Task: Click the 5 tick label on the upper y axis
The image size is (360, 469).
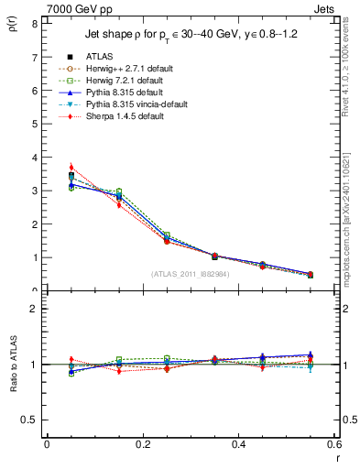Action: [x=37, y=125]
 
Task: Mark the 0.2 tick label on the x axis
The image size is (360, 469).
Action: [x=142, y=444]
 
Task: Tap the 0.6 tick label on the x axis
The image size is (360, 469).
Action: [x=334, y=444]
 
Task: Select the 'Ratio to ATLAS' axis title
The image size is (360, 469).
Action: [x=13, y=365]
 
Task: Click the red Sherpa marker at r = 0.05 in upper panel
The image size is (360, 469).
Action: [x=71, y=168]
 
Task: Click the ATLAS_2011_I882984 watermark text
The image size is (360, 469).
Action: [x=191, y=274]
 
